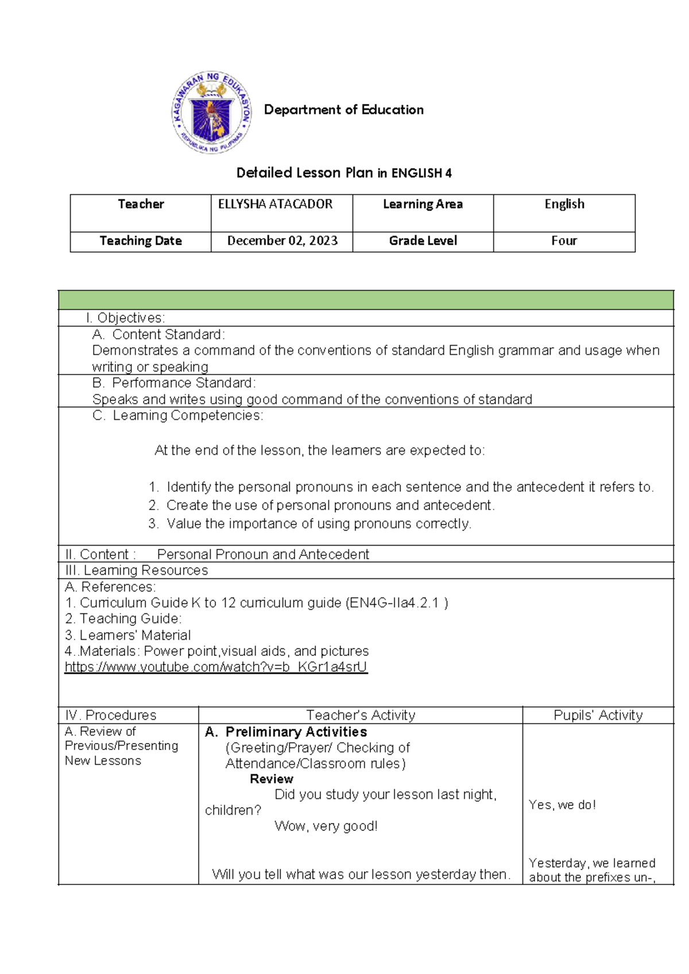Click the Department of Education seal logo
pos(212,113)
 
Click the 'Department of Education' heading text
pos(343,110)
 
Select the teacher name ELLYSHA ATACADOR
pos(275,204)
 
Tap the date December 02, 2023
pos(282,241)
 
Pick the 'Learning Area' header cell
pos(423,204)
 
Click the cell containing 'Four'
pos(564,241)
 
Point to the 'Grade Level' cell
pos(423,241)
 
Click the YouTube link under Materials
pos(216,667)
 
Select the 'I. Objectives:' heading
pos(125,318)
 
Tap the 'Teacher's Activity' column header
pos(361,715)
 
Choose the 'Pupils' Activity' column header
pos(598,715)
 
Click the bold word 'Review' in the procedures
pos(272,779)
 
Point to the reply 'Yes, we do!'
pos(562,805)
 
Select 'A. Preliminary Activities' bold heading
pos(286,732)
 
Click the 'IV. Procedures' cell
pos(111,715)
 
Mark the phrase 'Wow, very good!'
pos(326,826)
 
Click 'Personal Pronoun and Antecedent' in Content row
pos(263,554)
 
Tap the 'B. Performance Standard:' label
pos(174,382)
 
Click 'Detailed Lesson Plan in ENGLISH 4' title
pos(344,173)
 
